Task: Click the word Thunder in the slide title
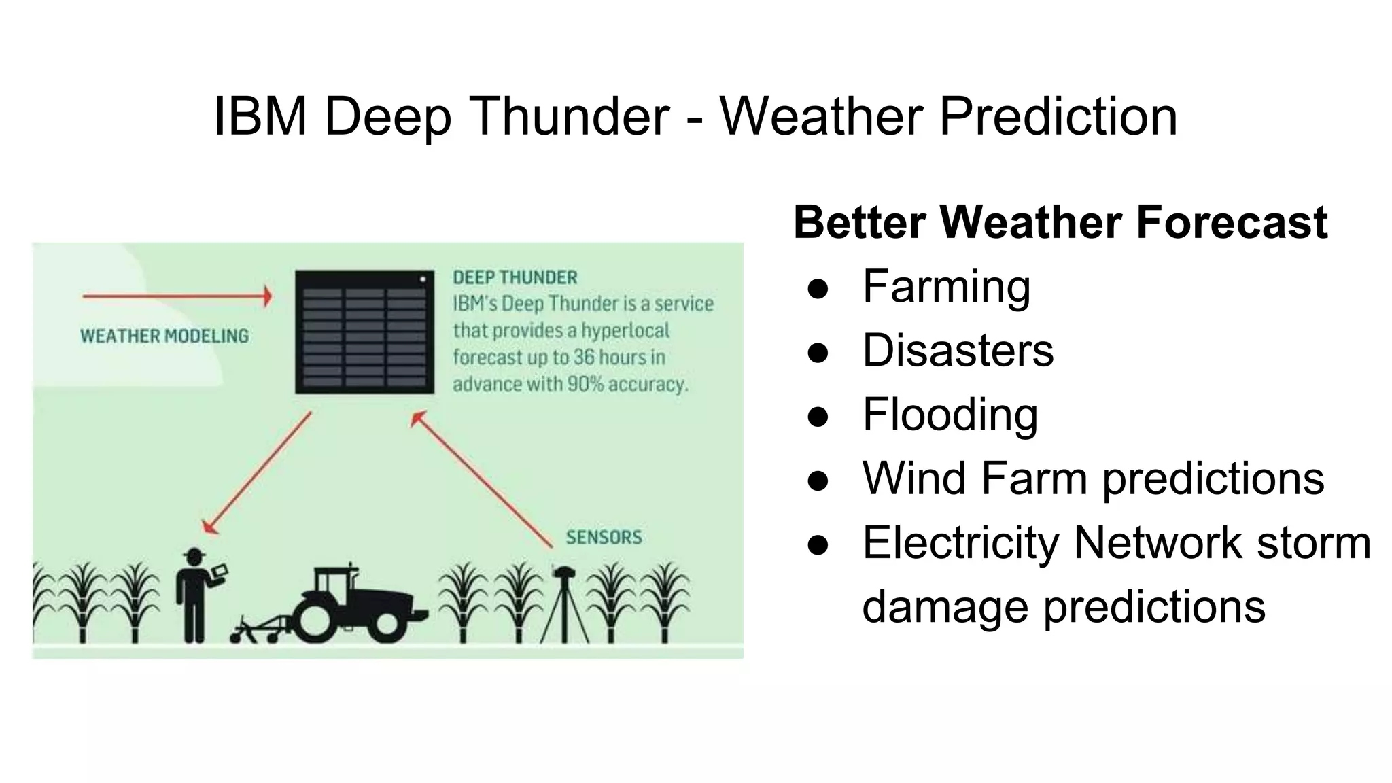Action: point(569,116)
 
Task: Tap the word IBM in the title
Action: point(260,116)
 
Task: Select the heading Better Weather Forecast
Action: point(1060,222)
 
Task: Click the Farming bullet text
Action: point(946,286)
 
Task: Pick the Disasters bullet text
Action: point(958,350)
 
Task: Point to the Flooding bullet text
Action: point(950,414)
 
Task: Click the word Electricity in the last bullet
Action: point(960,542)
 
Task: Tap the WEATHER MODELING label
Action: point(164,336)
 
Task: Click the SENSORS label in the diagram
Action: point(604,538)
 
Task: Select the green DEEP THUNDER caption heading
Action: point(515,277)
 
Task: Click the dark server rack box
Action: point(364,332)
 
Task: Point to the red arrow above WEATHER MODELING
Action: point(177,296)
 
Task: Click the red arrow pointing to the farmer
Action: point(257,473)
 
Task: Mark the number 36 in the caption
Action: point(583,358)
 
